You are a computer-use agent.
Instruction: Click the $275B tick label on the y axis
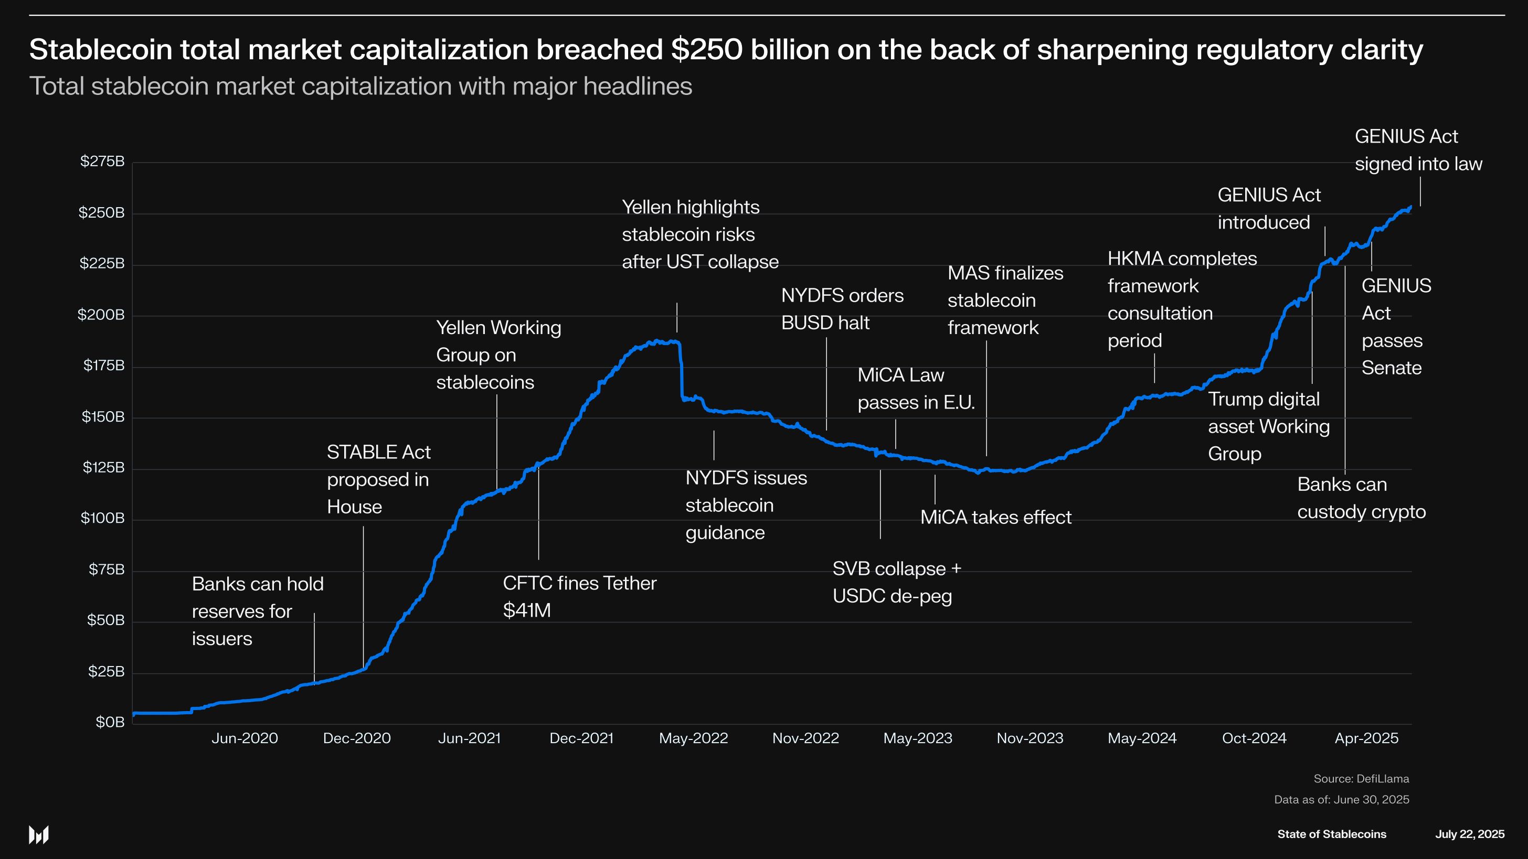(x=102, y=161)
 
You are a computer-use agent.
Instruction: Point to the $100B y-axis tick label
(x=102, y=518)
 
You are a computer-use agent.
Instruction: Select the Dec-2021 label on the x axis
(x=581, y=738)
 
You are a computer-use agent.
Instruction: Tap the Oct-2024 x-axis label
(x=1254, y=738)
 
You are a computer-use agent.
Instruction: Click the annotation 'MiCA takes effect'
(x=995, y=518)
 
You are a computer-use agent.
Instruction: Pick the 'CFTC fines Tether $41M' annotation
(x=579, y=596)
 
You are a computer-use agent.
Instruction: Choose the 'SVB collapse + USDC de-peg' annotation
(x=896, y=582)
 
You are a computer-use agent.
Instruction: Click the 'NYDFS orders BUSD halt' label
(x=842, y=309)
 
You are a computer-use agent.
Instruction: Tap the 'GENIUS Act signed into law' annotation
(x=1418, y=150)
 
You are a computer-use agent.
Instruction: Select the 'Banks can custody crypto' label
(x=1361, y=498)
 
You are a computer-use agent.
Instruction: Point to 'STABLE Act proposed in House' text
(x=378, y=479)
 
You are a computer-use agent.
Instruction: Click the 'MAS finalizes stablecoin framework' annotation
(x=1005, y=300)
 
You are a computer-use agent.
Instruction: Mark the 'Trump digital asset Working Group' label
(x=1268, y=426)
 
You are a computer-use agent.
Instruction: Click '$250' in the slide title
(x=706, y=49)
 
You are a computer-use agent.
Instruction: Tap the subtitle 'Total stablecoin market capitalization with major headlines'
(x=360, y=87)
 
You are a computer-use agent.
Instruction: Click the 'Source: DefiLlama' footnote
(x=1361, y=778)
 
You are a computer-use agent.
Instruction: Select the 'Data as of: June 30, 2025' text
(x=1341, y=799)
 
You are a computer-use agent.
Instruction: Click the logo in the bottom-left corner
(x=38, y=835)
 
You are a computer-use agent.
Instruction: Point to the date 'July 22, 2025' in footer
(x=1469, y=834)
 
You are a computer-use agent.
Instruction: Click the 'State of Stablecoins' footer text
(x=1331, y=834)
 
